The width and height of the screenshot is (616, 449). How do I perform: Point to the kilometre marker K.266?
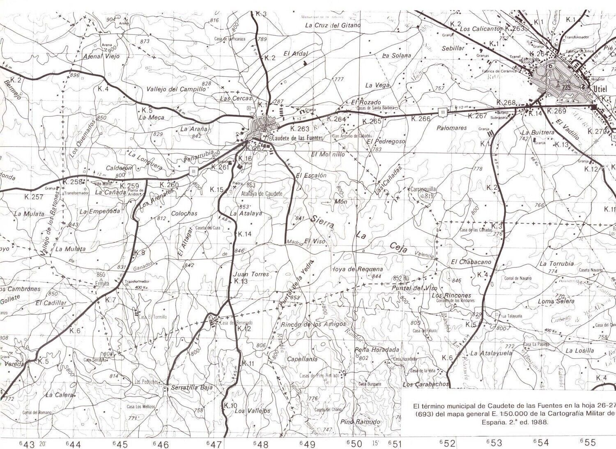(421, 119)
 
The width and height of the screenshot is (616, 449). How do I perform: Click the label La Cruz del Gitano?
(333, 25)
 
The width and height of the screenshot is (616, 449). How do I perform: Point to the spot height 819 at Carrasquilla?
(430, 196)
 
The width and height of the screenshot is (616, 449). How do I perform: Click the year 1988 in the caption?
(539, 421)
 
